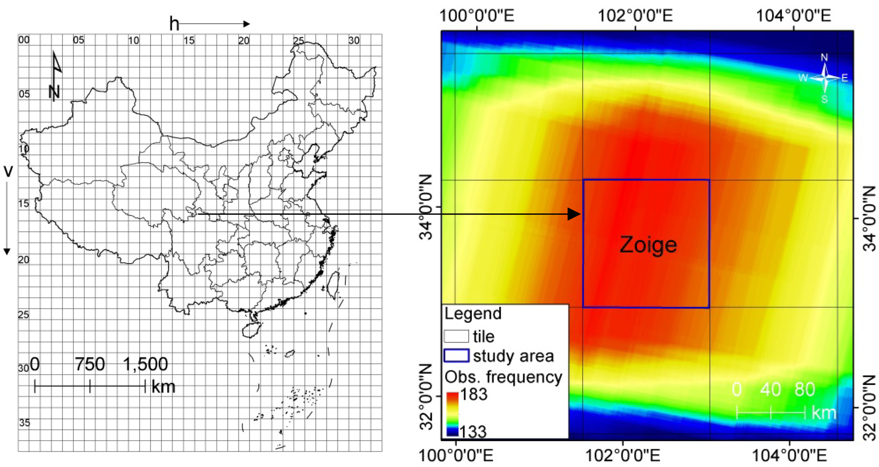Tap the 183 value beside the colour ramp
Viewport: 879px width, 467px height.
[474, 394]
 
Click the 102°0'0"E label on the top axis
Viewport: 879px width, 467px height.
[635, 16]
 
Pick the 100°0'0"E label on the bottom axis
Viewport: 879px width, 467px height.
[456, 455]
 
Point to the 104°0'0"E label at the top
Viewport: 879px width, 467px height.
[794, 16]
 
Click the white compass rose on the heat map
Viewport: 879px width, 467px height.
[824, 78]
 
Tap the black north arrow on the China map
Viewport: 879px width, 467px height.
[55, 77]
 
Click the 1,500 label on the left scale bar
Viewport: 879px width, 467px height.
[145, 364]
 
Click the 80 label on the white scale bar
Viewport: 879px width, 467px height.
[805, 389]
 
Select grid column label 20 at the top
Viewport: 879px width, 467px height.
[244, 41]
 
